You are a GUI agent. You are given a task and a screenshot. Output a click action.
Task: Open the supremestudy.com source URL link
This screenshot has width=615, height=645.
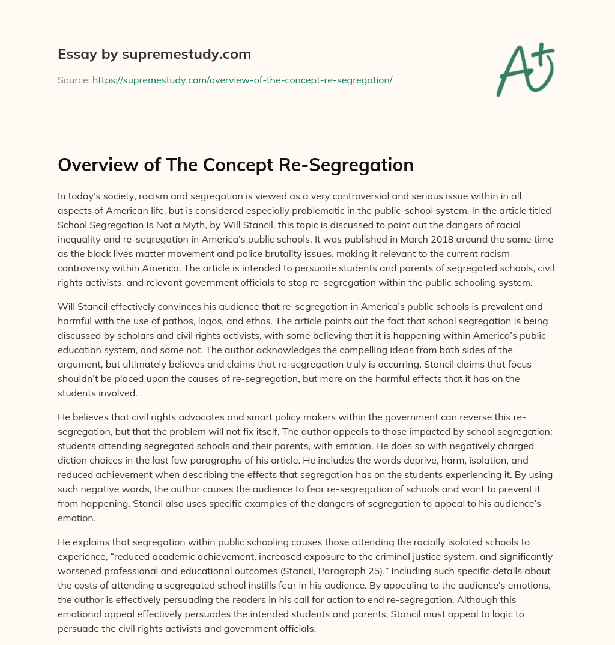[242, 80]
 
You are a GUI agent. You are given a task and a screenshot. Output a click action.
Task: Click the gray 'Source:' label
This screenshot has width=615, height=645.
[73, 80]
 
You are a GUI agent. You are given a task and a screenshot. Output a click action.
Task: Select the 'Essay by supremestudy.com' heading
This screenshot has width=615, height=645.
[154, 55]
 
